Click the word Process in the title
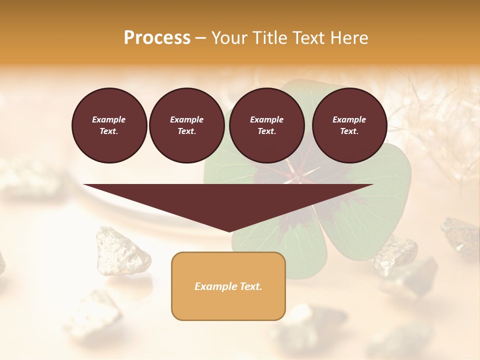pyautogui.click(x=157, y=38)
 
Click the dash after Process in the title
pyautogui.click(x=200, y=39)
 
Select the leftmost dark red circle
pyautogui.click(x=109, y=125)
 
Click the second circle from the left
pyautogui.click(x=187, y=125)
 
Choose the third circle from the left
pyautogui.click(x=267, y=125)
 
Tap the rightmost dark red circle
pyautogui.click(x=349, y=125)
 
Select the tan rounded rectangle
pyautogui.click(x=228, y=286)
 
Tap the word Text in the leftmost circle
pyautogui.click(x=109, y=131)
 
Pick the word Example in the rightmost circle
pyautogui.click(x=349, y=119)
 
